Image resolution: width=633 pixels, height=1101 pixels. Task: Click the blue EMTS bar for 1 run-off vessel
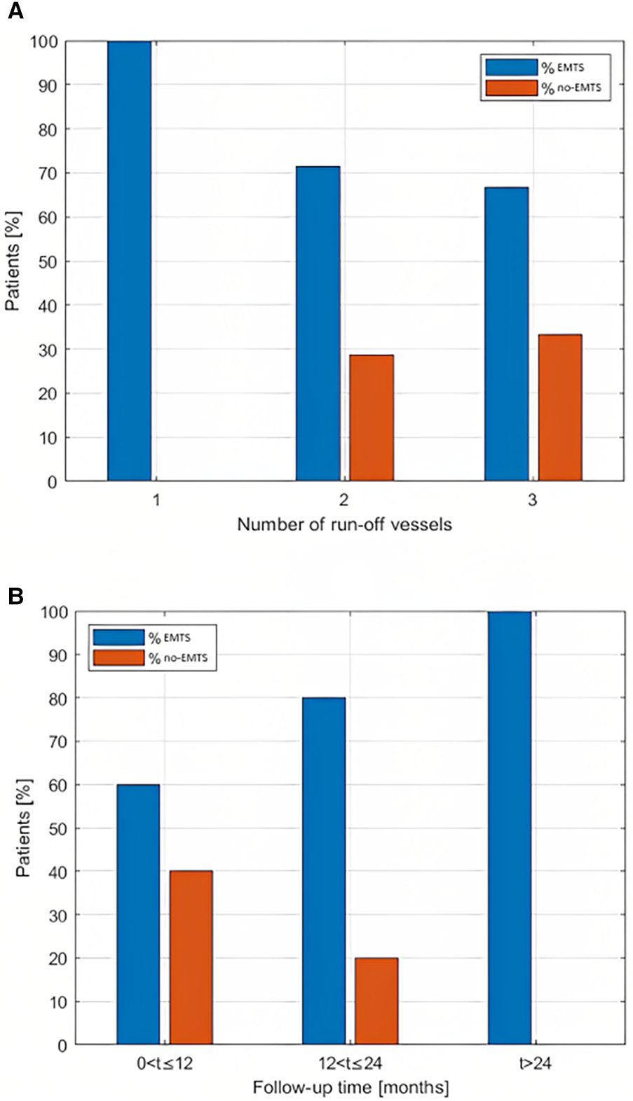click(129, 261)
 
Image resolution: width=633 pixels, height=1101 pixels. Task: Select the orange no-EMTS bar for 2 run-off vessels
click(372, 418)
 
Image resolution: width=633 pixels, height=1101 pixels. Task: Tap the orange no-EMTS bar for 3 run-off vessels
click(560, 407)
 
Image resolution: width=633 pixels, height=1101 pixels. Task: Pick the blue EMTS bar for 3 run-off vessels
click(506, 334)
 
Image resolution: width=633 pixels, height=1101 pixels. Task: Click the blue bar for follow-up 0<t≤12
click(138, 914)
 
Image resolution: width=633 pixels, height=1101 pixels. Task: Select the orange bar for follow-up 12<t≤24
click(376, 1001)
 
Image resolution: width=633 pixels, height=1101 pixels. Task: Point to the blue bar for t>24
click(510, 828)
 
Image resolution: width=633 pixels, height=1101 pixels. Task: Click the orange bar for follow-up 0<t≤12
click(191, 957)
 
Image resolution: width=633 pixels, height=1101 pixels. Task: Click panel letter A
click(15, 12)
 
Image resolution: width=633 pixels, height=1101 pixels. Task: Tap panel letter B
click(15, 596)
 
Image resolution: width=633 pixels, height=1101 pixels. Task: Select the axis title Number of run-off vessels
click(344, 524)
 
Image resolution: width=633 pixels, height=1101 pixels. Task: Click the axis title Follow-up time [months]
click(350, 1088)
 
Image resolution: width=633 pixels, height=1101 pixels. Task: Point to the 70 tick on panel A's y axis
click(47, 173)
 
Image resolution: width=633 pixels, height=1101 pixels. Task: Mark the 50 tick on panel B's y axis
click(57, 828)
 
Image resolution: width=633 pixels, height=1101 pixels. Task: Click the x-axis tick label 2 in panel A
click(344, 500)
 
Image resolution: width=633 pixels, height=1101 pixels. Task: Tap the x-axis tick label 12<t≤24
click(350, 1063)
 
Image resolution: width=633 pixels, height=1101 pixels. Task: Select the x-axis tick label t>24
click(535, 1063)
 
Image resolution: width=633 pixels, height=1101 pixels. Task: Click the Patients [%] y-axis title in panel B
click(23, 828)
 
